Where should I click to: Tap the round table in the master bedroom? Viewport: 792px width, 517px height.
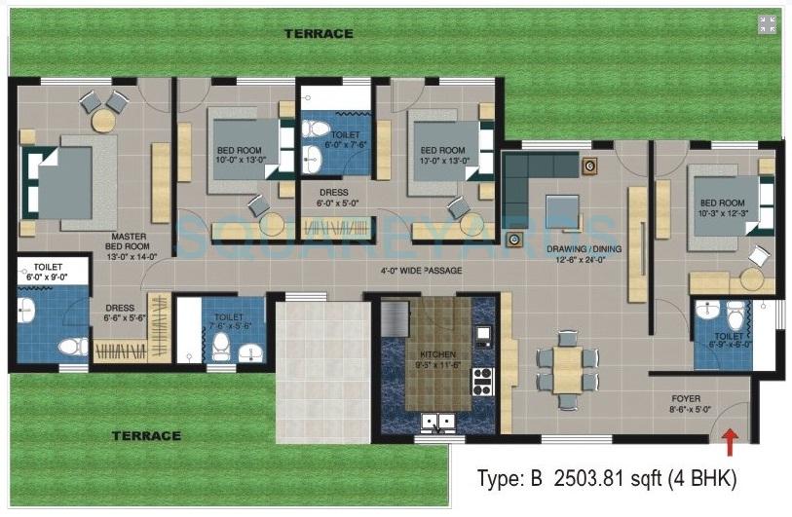[x=103, y=120]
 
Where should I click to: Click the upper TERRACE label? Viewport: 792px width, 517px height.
[x=318, y=33]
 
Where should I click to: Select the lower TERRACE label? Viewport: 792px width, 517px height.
[x=145, y=435]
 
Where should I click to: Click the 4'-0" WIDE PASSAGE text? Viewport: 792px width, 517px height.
[x=417, y=270]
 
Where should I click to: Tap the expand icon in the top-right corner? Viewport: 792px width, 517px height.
[x=768, y=25]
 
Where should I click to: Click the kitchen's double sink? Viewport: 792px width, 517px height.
[x=434, y=422]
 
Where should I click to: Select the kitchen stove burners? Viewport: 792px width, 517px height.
[x=483, y=376]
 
